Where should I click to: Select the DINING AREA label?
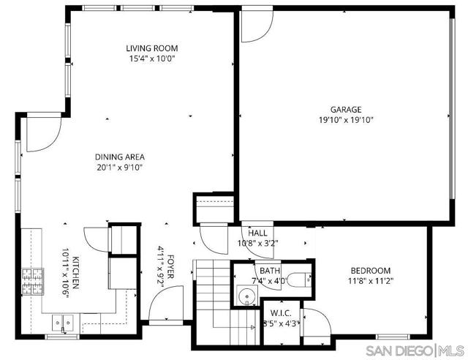pyautogui.click(x=119, y=157)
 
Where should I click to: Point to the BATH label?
pyautogui.click(x=260, y=271)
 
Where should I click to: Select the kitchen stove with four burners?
pyautogui.click(x=32, y=281)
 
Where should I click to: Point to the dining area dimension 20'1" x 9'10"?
pyautogui.click(x=119, y=167)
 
